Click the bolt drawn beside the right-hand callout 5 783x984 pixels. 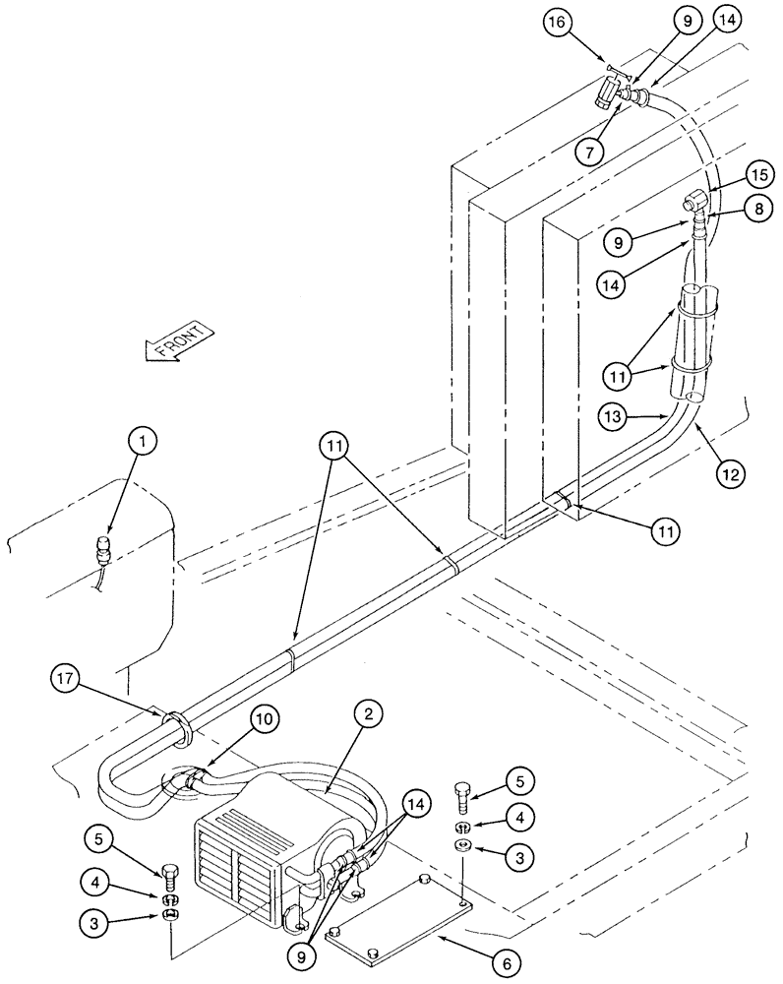463,794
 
